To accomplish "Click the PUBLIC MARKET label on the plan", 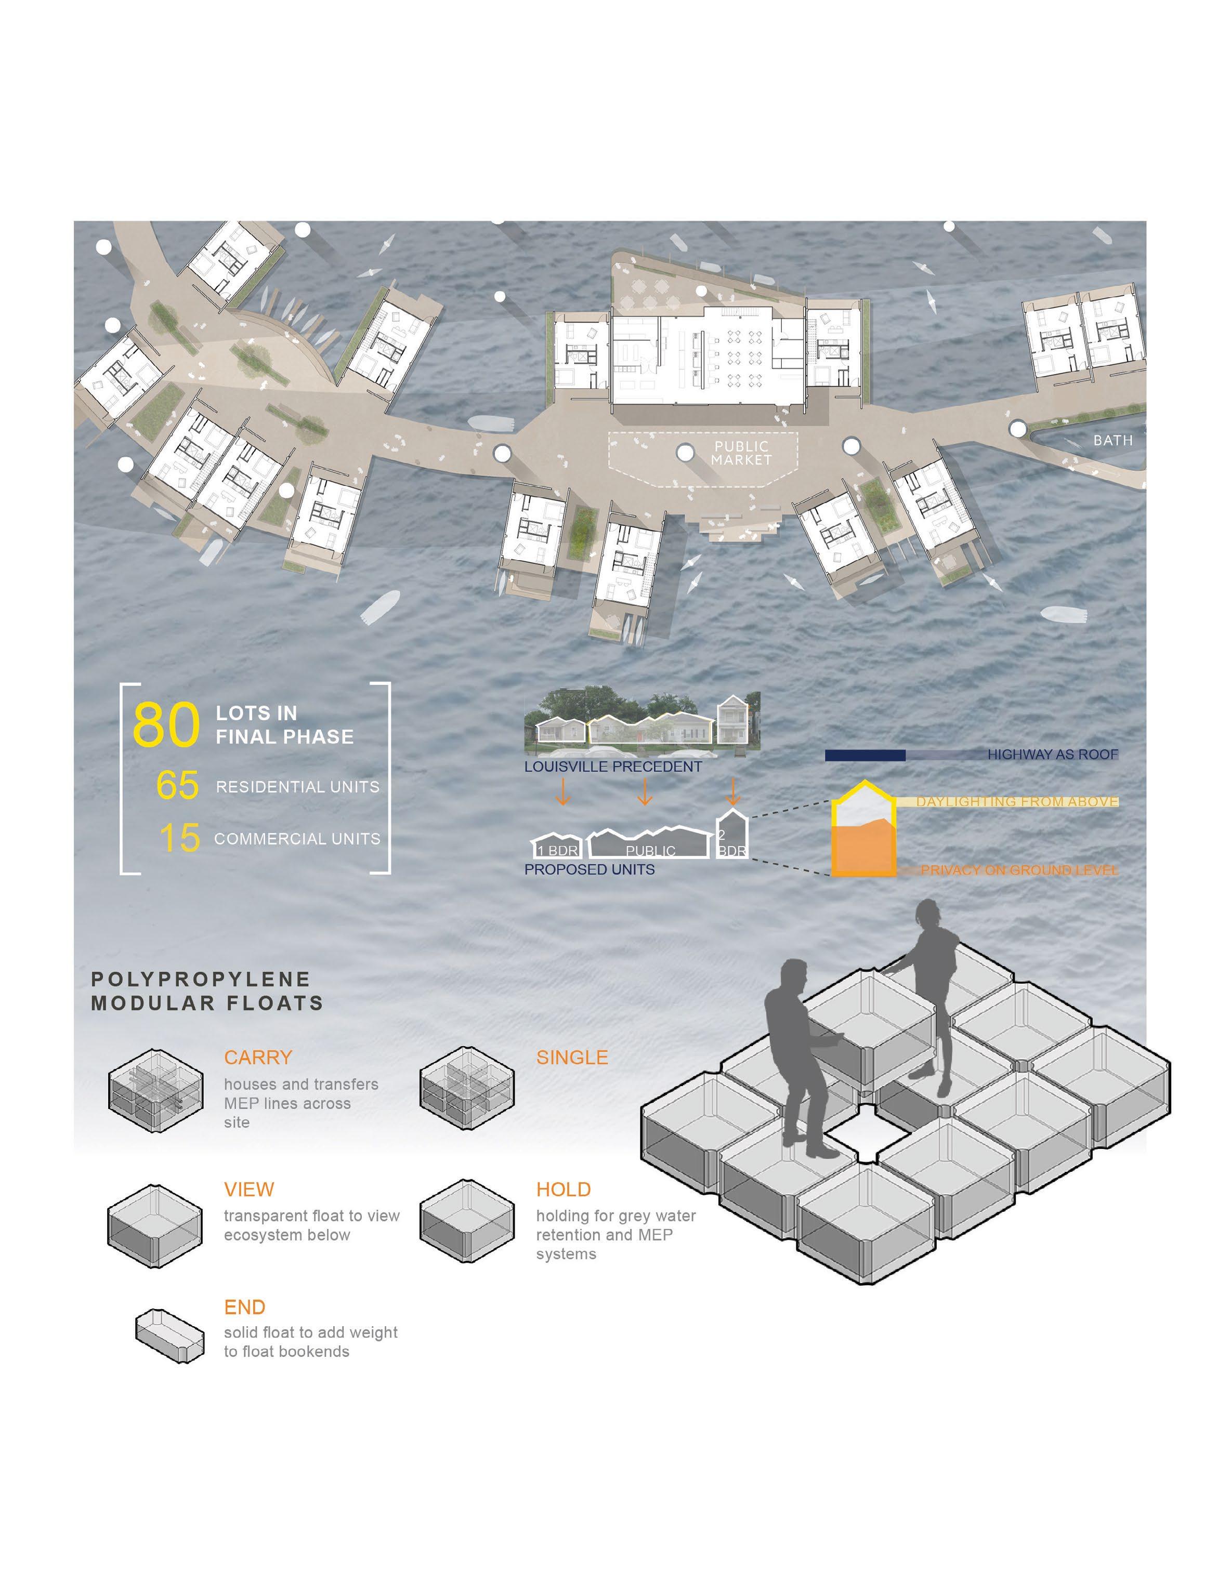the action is (741, 454).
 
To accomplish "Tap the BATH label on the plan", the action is (1112, 440).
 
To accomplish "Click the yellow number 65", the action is (177, 785).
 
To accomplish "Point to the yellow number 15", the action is (179, 838).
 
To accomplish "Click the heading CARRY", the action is (258, 1058).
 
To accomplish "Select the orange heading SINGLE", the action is (571, 1058).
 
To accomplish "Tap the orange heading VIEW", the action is (248, 1189).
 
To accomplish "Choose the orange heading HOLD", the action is (563, 1189).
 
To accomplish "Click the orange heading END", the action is (245, 1307).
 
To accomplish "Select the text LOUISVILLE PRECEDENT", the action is (612, 767).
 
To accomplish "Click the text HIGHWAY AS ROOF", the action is (1053, 755).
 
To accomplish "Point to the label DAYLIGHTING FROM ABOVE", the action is (1016, 801).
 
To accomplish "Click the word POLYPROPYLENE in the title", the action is (201, 980).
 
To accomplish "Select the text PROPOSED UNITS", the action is (590, 869).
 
